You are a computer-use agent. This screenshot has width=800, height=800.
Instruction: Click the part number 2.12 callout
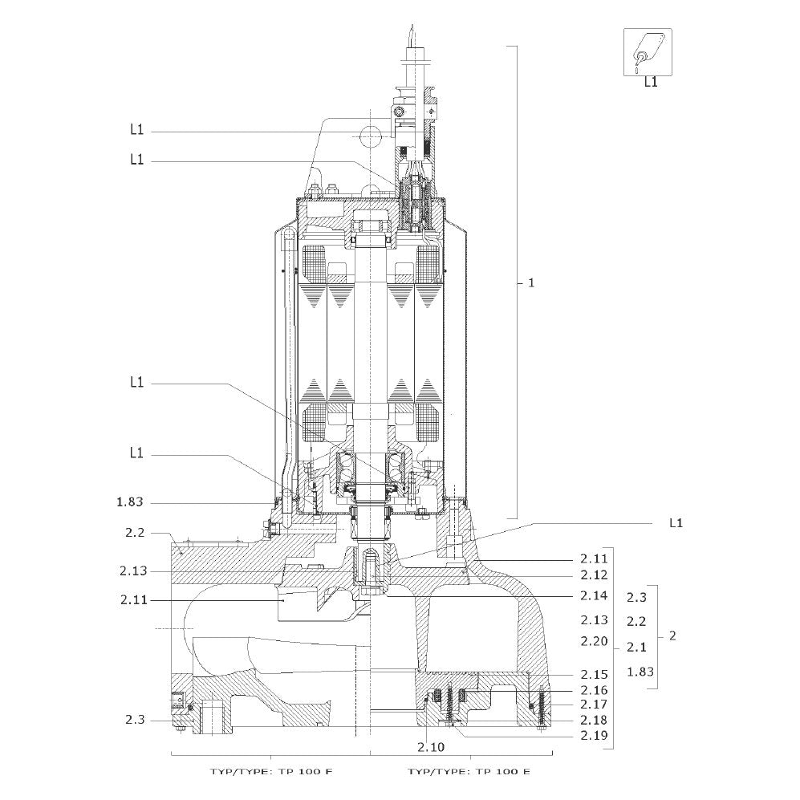[594, 575]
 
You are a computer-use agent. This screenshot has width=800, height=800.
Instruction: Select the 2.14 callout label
[594, 595]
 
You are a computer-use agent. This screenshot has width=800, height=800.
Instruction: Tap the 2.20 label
[594, 641]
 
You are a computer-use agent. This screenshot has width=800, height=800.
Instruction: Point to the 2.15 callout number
[594, 675]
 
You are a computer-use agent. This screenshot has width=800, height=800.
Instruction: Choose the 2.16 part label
[594, 690]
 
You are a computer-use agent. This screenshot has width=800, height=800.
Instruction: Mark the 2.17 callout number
[594, 704]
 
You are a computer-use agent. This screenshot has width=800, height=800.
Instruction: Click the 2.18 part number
[594, 720]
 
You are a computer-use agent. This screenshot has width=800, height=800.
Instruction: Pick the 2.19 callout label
[594, 736]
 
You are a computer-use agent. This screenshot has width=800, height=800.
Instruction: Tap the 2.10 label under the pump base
[431, 748]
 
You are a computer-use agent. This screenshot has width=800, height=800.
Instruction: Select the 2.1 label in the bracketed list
[636, 647]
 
